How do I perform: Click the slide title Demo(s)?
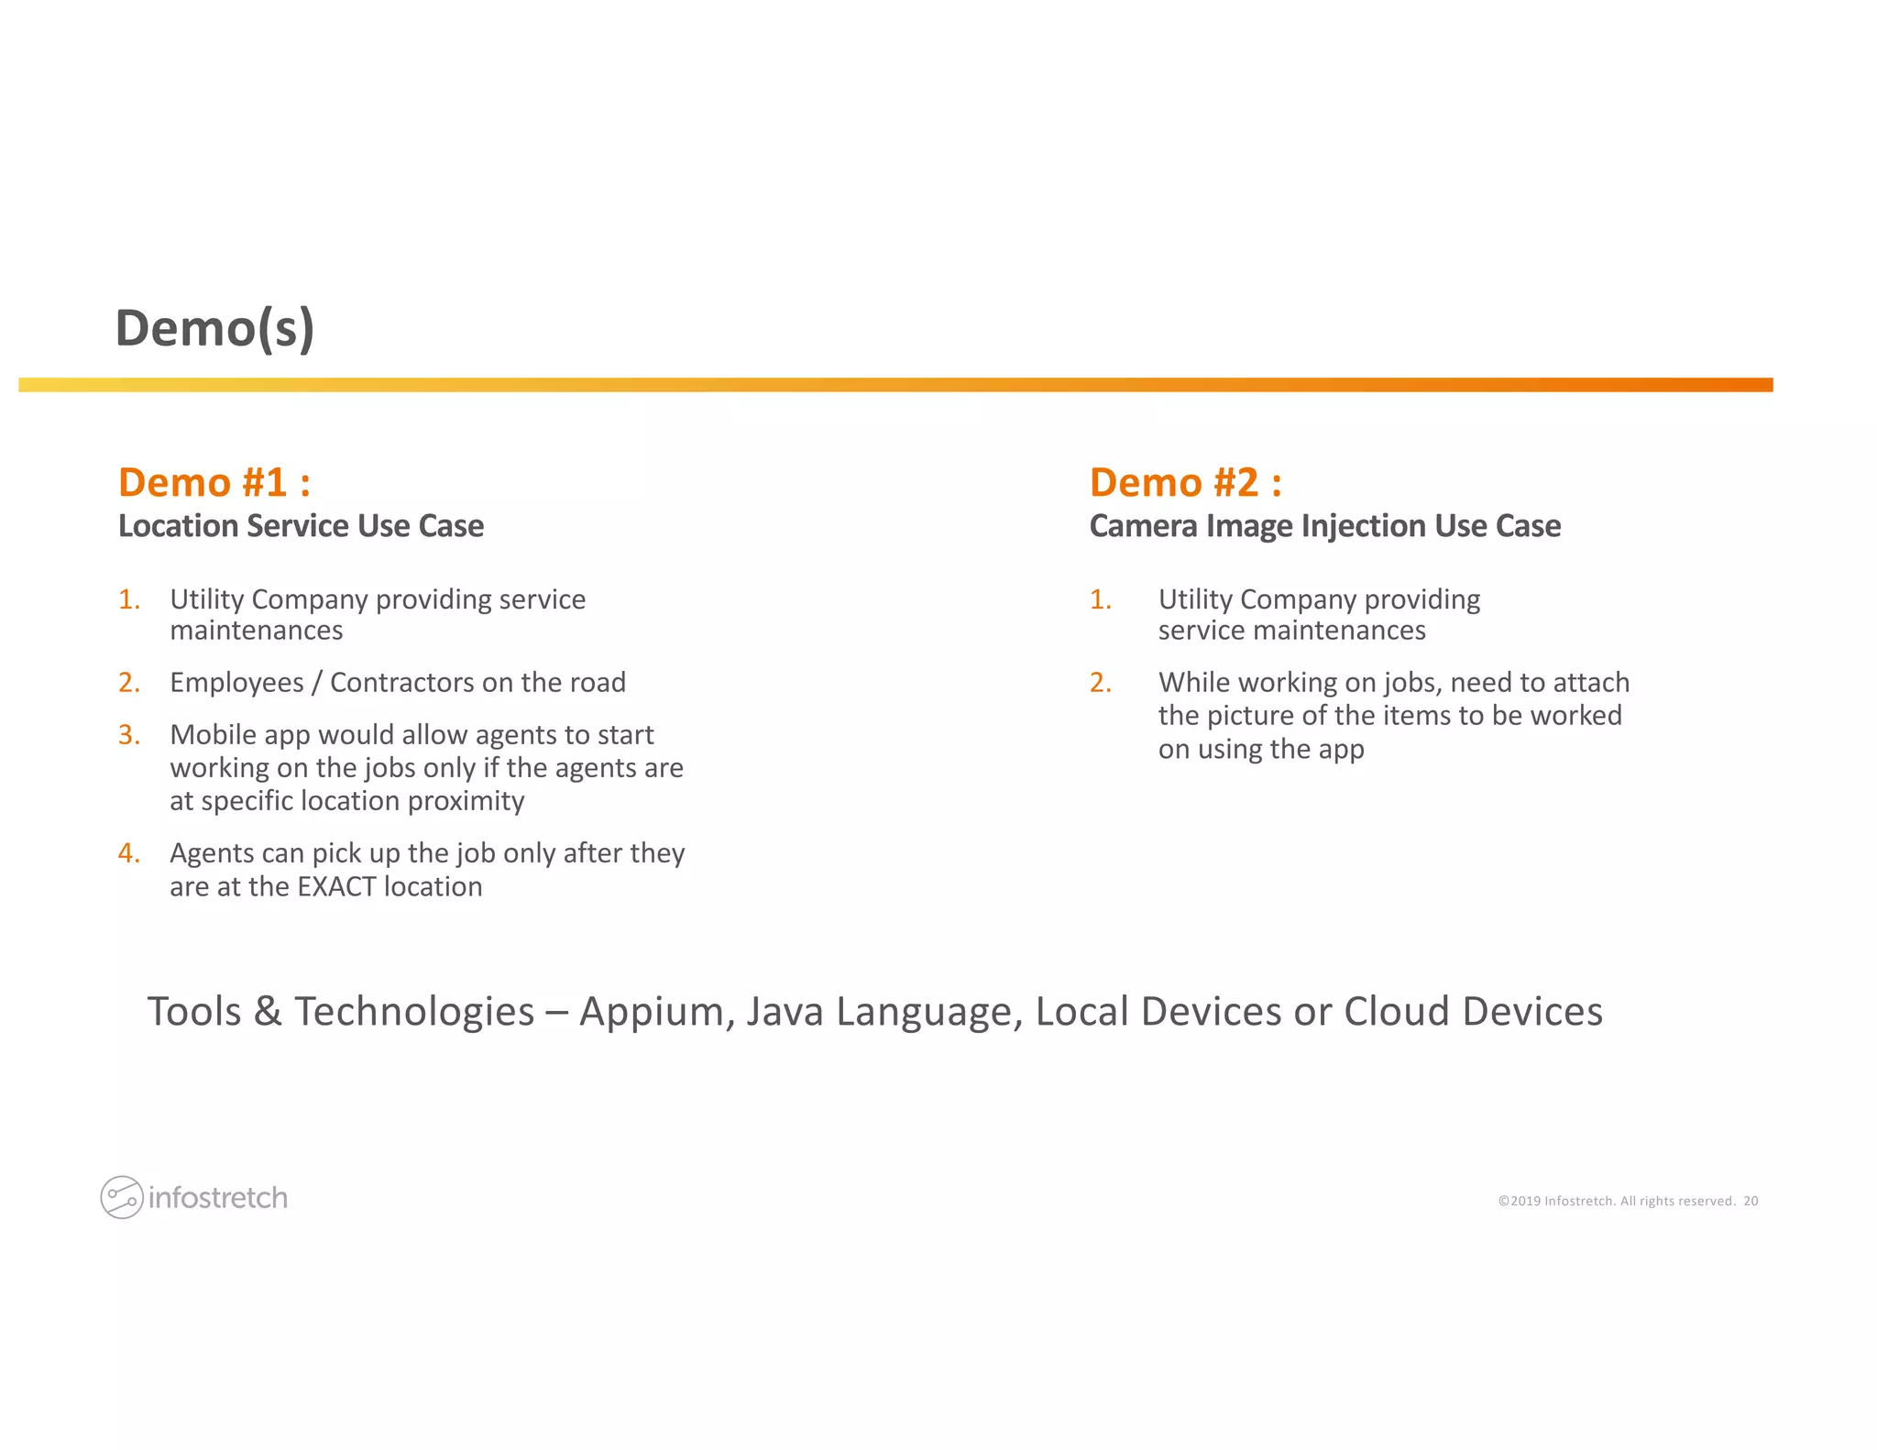tap(214, 328)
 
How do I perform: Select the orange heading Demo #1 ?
tap(214, 482)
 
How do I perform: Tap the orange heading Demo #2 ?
tap(1185, 482)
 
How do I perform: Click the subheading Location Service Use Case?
tap(301, 526)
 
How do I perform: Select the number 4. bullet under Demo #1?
tap(129, 853)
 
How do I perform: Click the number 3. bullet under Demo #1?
tap(129, 735)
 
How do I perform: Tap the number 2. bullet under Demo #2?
tap(1100, 683)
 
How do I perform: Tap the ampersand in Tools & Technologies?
tap(268, 1012)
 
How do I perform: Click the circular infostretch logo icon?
tap(121, 1197)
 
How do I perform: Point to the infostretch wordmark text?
tap(218, 1198)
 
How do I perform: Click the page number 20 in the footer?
tap(1751, 1202)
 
